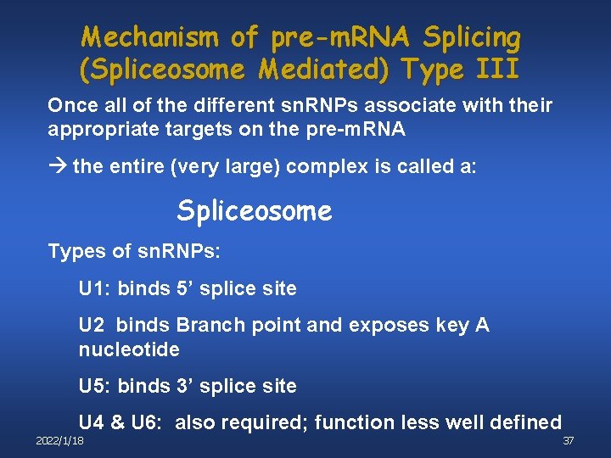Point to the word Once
click(73, 106)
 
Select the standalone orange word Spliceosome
click(255, 211)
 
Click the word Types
click(74, 252)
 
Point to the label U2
click(92, 325)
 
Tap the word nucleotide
click(129, 349)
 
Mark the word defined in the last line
click(523, 422)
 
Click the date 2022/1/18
click(59, 442)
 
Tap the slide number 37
click(569, 442)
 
